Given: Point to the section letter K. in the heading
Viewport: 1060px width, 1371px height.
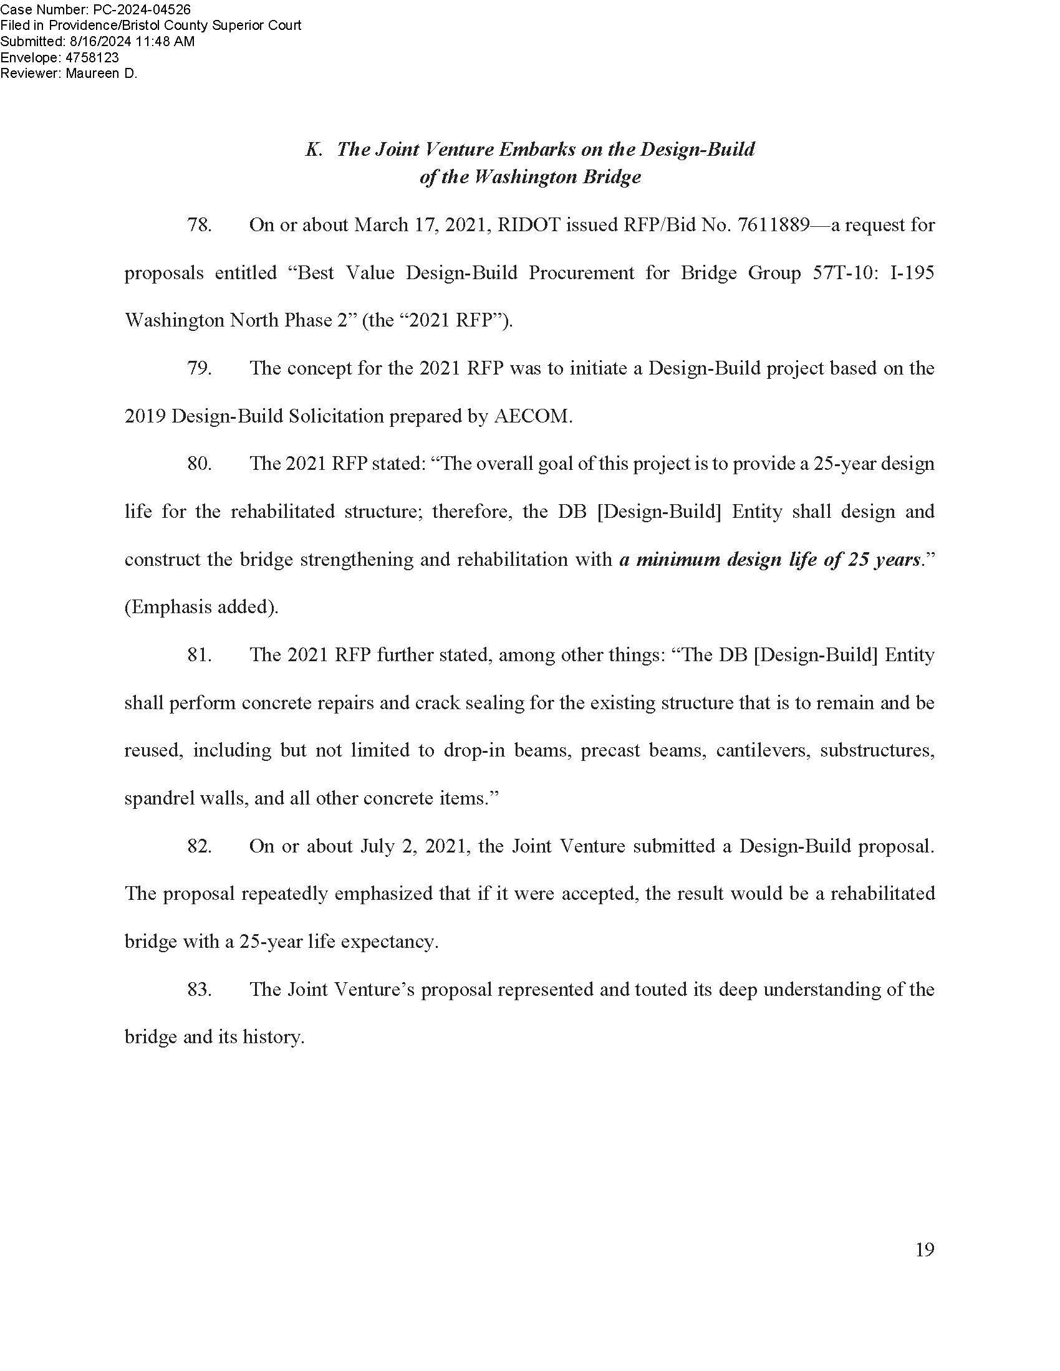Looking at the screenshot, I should (314, 150).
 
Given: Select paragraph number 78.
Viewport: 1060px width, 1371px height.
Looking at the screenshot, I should (199, 225).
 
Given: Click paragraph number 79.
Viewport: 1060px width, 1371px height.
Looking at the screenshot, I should (199, 368).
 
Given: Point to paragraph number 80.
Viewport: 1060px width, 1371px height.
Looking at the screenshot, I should (199, 464).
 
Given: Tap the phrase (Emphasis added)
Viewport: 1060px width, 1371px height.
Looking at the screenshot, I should (201, 607).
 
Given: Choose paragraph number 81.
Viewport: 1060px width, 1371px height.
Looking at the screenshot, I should (199, 655).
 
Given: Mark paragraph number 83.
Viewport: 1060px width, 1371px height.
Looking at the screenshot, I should (199, 990).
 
